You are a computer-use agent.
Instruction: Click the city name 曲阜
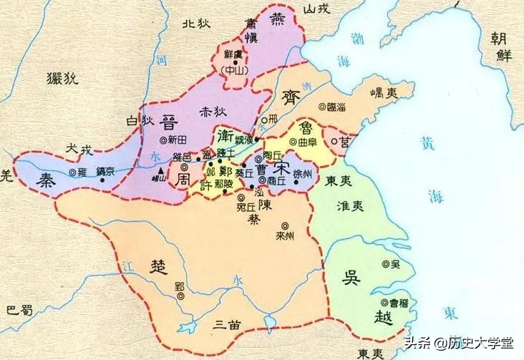coord(307,142)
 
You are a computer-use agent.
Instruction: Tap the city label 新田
coord(181,141)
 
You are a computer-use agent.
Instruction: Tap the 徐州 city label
coord(302,175)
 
